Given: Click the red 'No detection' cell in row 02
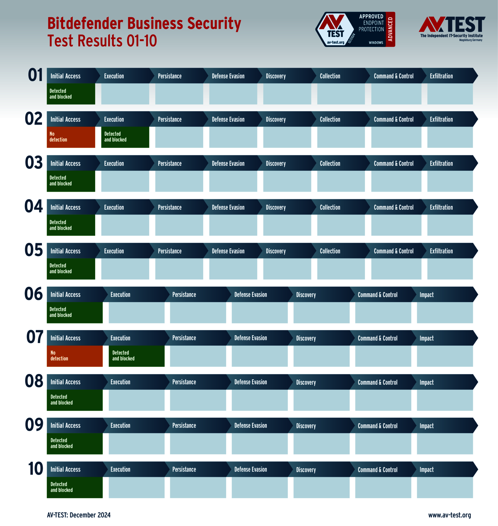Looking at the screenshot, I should tap(71, 137).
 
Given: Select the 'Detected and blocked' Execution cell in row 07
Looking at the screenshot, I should tap(136, 356).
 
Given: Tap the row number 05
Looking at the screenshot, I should tap(34, 250).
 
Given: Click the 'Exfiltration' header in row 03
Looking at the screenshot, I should tap(441, 164).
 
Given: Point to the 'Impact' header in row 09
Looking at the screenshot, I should tap(426, 426).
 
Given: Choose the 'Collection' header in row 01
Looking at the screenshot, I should tap(330, 76).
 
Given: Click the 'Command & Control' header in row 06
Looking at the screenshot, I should tap(377, 295).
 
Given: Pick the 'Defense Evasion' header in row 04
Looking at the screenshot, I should tap(228, 207).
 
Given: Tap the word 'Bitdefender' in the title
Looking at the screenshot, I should tap(85, 23).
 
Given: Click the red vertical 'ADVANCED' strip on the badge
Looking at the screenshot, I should tap(390, 29).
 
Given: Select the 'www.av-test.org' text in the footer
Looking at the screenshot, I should tap(450, 515).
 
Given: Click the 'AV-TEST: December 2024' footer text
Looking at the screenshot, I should tap(79, 515).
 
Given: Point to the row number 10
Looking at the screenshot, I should tap(35, 469).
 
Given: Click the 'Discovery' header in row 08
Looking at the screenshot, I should tap(306, 382).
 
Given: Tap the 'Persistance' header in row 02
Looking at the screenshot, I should tap(170, 120).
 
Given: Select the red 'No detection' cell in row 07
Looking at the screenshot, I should tap(75, 356).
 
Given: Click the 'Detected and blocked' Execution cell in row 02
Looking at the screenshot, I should tap(125, 137).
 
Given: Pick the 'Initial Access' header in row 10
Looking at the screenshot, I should tap(65, 469).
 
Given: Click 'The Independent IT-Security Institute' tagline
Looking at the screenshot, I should tap(451, 36).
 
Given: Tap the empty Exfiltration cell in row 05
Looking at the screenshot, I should tap(450, 269).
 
